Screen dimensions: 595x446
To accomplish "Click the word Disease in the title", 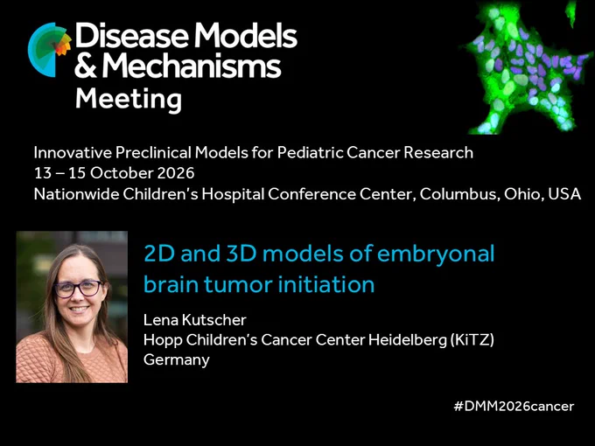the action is (131, 35).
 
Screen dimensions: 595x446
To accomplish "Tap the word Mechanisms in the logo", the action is (192, 66).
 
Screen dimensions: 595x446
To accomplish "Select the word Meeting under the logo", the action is (129, 100).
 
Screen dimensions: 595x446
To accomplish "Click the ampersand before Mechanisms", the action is (86, 66).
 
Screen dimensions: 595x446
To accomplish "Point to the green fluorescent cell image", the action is (528, 67).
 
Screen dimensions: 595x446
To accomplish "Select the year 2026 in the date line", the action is (176, 173).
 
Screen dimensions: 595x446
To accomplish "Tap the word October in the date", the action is (122, 173).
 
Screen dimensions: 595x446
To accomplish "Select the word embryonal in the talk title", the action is (436, 255).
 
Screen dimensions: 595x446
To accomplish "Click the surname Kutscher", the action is (214, 320).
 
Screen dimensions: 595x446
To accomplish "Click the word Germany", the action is (177, 360).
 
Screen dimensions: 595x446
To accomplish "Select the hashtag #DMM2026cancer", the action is (514, 406).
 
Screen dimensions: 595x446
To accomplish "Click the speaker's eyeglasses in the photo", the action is (78, 289).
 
